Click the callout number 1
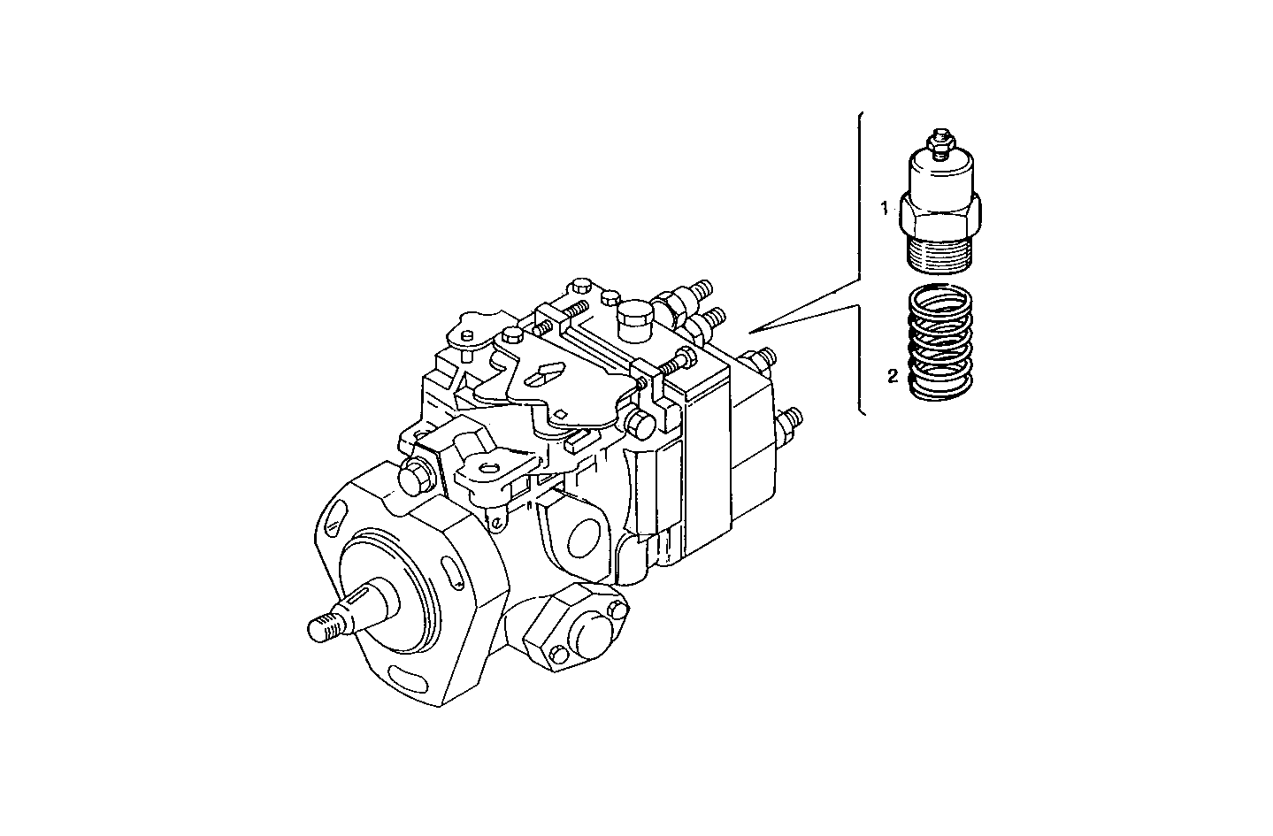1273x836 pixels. coord(883,209)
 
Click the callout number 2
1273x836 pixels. coord(893,377)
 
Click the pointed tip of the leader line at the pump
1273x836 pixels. coord(749,332)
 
